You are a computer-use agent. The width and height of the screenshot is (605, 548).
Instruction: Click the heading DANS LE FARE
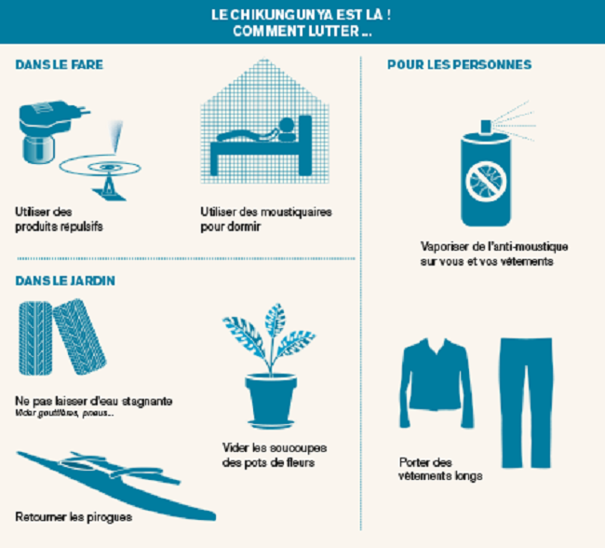(x=60, y=64)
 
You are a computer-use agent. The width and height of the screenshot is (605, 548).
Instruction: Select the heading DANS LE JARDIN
(x=65, y=281)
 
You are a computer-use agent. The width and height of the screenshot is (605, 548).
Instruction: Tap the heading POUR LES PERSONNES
(x=460, y=64)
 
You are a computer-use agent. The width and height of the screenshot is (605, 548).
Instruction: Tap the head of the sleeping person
(x=287, y=125)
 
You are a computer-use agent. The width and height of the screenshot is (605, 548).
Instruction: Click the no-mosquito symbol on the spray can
(x=486, y=182)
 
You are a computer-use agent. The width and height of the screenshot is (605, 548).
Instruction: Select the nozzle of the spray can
(x=486, y=127)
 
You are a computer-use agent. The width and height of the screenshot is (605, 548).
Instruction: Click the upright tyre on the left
(x=35, y=338)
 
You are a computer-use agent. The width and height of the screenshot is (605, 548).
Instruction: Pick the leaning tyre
(x=79, y=337)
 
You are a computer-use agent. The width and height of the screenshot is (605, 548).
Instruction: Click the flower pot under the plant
(x=271, y=397)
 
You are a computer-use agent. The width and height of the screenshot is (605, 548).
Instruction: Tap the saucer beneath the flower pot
(x=271, y=424)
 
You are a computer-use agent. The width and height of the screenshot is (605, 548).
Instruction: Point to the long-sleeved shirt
(x=437, y=383)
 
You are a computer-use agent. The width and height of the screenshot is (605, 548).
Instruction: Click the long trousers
(x=526, y=402)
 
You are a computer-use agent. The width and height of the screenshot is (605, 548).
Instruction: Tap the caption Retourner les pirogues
(x=74, y=517)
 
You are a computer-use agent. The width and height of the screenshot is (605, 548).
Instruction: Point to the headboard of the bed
(x=305, y=145)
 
